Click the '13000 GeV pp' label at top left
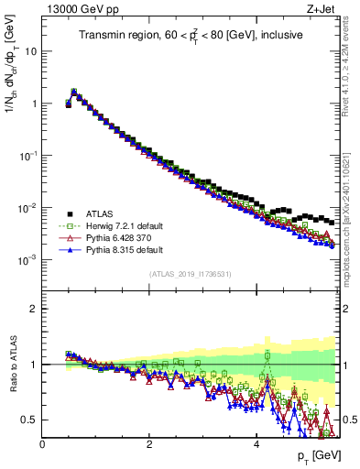[x=75, y=9]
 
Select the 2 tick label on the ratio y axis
[x=33, y=309]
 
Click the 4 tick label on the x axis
[x=256, y=444]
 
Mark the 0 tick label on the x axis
[x=42, y=444]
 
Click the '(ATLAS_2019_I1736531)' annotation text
[x=190, y=274]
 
